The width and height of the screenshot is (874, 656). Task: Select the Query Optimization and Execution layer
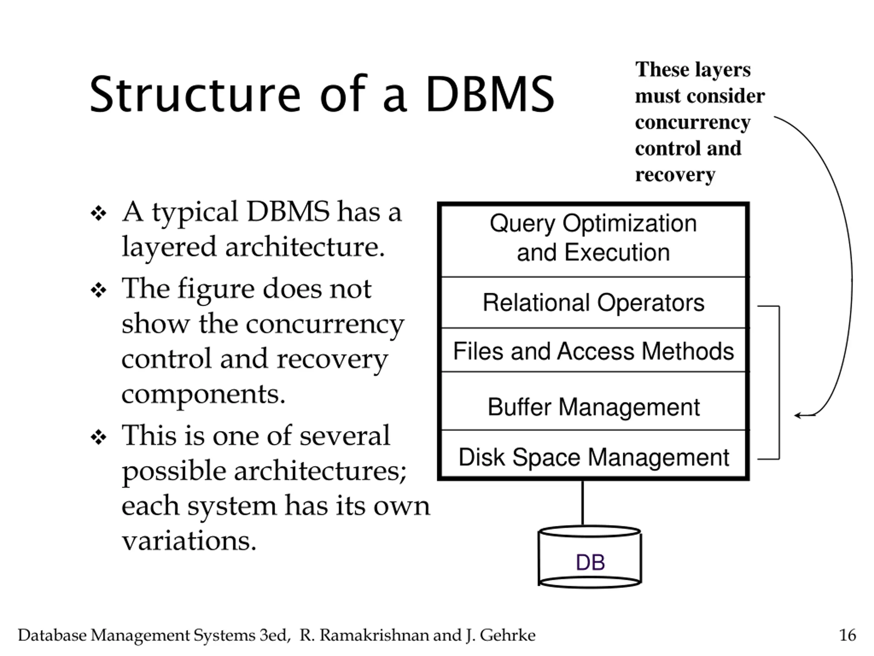[593, 238]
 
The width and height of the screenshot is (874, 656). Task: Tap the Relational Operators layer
[593, 303]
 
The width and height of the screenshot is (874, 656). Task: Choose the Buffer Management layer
[593, 407]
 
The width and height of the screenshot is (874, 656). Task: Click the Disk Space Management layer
[593, 457]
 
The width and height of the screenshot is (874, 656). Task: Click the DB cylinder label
[590, 562]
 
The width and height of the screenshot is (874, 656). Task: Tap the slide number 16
[847, 635]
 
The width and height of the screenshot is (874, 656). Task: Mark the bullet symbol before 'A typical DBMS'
[98, 214]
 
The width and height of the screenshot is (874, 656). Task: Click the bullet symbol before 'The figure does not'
[98, 291]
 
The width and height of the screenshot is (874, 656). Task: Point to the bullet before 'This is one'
[98, 437]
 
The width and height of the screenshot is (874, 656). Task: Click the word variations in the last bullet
[189, 541]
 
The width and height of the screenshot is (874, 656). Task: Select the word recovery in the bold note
[675, 174]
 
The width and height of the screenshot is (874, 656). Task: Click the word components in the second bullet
[203, 394]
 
